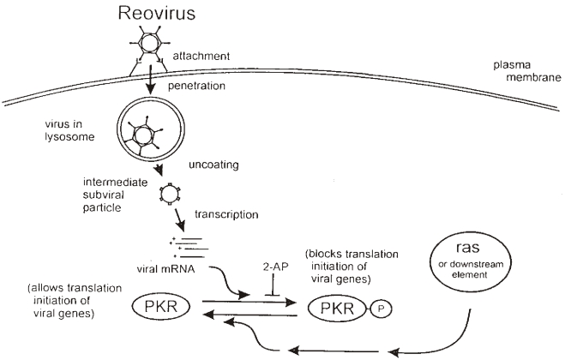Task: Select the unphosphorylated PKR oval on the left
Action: [x=154, y=305]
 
